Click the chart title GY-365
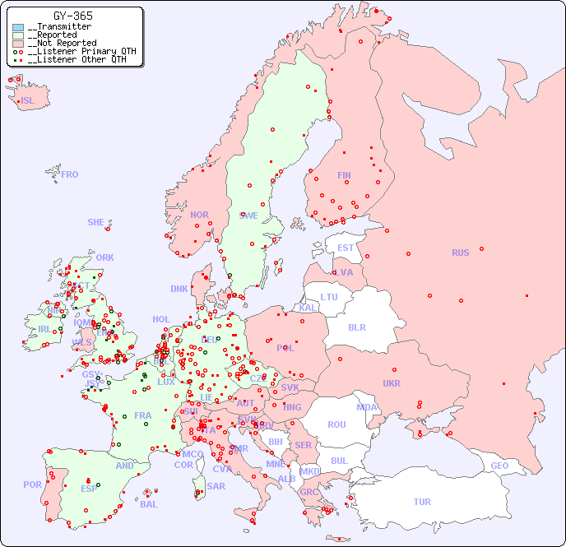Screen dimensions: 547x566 click(x=72, y=16)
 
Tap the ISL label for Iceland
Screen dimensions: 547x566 click(x=28, y=101)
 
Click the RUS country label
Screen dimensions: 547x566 click(x=460, y=253)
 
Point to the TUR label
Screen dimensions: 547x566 click(x=422, y=502)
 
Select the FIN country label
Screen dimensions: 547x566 click(x=344, y=175)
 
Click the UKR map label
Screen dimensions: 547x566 click(x=392, y=383)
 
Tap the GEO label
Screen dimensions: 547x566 click(x=499, y=466)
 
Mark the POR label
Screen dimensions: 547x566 click(x=32, y=484)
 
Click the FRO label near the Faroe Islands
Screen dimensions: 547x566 click(x=70, y=174)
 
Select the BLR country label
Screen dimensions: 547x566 click(x=357, y=327)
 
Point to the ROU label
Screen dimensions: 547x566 click(x=336, y=424)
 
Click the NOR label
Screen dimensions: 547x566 click(x=199, y=215)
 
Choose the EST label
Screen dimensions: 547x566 click(x=346, y=248)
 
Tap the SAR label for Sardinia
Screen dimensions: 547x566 click(x=216, y=486)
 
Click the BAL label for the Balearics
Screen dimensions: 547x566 click(x=149, y=504)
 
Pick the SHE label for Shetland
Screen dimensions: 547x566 click(x=96, y=222)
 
